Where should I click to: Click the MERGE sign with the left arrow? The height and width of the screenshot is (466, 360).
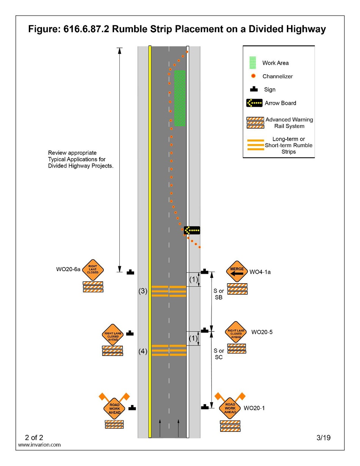pyautogui.click(x=237, y=271)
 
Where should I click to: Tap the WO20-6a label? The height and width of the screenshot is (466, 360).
pyautogui.click(x=68, y=269)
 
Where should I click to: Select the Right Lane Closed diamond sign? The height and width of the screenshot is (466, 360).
pyautogui.click(x=93, y=270)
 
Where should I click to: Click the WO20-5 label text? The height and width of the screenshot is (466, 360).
pyautogui.click(x=262, y=332)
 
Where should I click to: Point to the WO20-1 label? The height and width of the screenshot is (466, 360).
pyautogui.click(x=254, y=408)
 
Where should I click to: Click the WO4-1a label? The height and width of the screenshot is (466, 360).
pyautogui.click(x=260, y=272)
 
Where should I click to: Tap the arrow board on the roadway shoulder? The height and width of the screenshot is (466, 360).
pyautogui.click(x=192, y=230)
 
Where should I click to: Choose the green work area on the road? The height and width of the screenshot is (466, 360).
pyautogui.click(x=180, y=98)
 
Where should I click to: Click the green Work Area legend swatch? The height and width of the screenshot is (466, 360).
pyautogui.click(x=252, y=63)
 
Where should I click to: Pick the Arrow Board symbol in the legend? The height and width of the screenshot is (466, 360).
pyautogui.click(x=254, y=103)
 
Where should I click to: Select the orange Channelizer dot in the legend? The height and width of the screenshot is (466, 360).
pyautogui.click(x=253, y=76)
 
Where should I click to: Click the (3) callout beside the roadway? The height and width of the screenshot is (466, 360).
pyautogui.click(x=142, y=291)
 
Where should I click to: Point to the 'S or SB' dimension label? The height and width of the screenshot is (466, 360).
pyautogui.click(x=219, y=294)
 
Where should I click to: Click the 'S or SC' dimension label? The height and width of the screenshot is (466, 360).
pyautogui.click(x=219, y=354)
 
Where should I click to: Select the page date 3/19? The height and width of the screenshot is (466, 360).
pyautogui.click(x=323, y=438)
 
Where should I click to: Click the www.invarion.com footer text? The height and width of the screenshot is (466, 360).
pyautogui.click(x=39, y=445)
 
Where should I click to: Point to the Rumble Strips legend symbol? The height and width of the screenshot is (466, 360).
pyautogui.click(x=255, y=145)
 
